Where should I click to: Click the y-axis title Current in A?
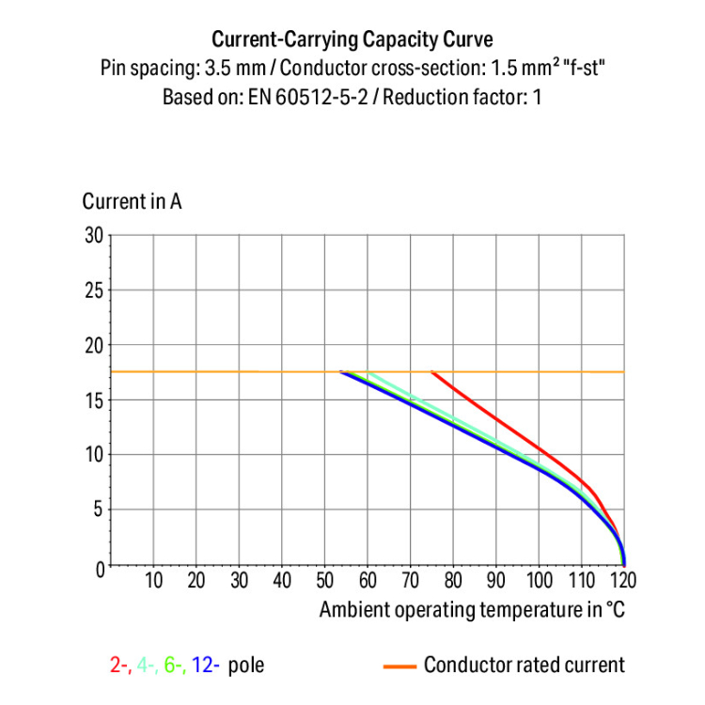[x=132, y=201]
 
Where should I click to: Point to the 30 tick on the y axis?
[x=93, y=235]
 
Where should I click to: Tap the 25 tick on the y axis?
[x=93, y=290]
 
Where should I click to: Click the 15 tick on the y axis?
[x=93, y=400]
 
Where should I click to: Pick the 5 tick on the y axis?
[x=98, y=510]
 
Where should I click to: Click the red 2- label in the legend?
[x=120, y=666]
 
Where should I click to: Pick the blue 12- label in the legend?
[x=206, y=666]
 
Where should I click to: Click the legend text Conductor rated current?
[x=524, y=666]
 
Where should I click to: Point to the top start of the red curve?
[x=432, y=372]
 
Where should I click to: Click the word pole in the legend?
[x=246, y=666]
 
